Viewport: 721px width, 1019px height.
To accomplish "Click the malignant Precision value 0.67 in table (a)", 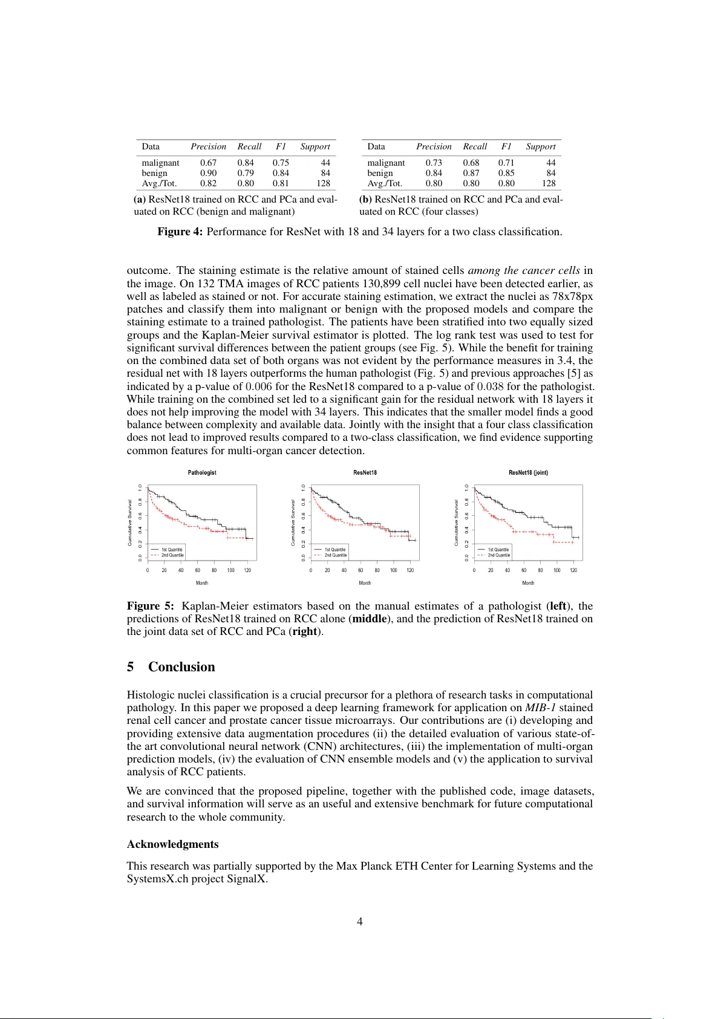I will (208, 163).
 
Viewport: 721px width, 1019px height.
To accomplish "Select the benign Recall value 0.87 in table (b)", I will (471, 173).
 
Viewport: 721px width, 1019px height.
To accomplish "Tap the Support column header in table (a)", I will (315, 146).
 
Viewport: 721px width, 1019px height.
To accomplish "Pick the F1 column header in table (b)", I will (506, 146).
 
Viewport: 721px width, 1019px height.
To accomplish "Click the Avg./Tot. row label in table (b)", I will (385, 183).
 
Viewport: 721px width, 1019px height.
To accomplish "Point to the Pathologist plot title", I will (202, 472).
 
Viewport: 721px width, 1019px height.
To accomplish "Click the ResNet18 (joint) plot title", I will (528, 472).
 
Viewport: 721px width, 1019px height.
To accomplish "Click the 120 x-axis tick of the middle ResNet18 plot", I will (410, 570).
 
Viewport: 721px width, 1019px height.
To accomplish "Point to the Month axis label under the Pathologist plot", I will (202, 583).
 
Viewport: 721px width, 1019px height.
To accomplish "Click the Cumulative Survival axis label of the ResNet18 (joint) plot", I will (457, 523).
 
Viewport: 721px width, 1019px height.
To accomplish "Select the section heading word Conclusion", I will (181, 667).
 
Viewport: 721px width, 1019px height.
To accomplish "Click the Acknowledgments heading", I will (172, 844).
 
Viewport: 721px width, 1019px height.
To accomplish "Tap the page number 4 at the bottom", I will (360, 922).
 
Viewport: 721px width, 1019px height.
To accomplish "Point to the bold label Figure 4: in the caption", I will (180, 232).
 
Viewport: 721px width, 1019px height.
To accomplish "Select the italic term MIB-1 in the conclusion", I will (540, 708).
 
